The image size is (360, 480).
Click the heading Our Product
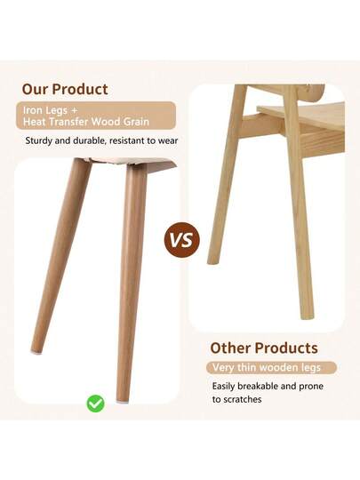65,89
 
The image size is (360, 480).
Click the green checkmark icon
95,403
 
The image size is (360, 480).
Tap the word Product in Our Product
80,89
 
